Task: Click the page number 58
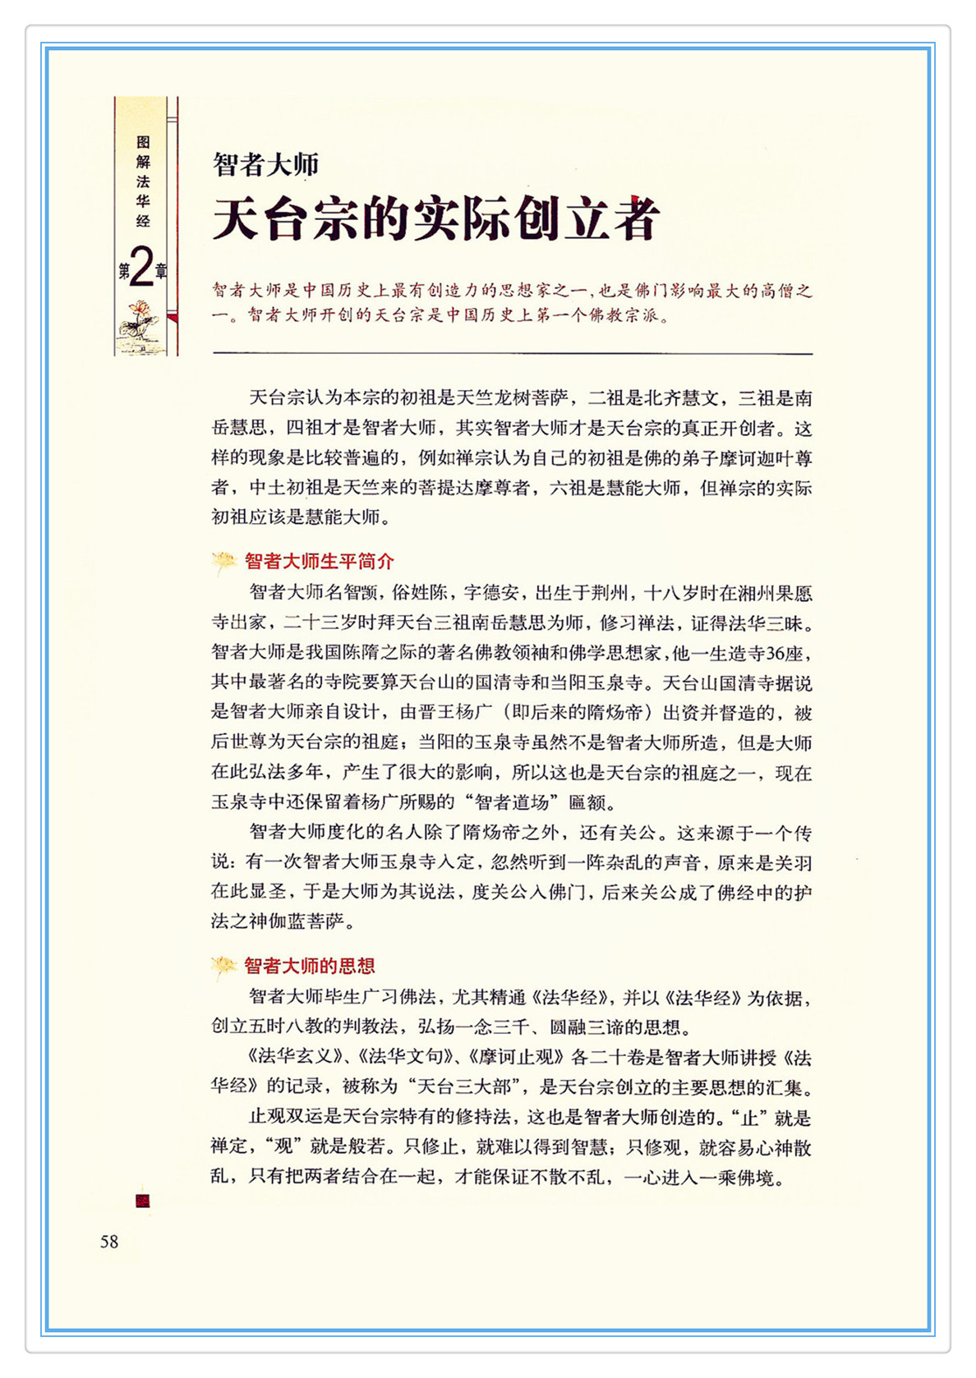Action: [x=109, y=1241]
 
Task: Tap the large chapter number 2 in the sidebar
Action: [x=142, y=268]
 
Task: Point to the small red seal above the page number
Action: [x=143, y=1201]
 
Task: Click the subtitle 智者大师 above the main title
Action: [x=265, y=164]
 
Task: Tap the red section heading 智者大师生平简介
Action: [x=320, y=561]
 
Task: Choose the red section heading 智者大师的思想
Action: [x=310, y=966]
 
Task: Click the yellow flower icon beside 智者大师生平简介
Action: [x=223, y=562]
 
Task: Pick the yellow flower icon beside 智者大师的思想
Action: [x=223, y=967]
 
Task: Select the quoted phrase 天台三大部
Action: [x=467, y=1086]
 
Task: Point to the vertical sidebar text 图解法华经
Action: [x=144, y=181]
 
